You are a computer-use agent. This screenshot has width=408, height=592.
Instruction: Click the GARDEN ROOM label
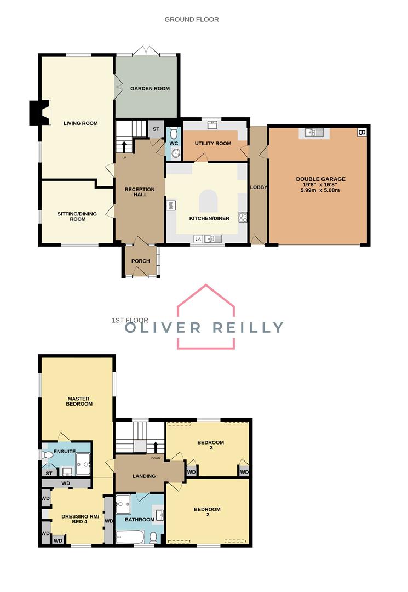coord(150,88)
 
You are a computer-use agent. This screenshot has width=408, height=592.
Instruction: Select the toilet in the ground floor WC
coord(174,133)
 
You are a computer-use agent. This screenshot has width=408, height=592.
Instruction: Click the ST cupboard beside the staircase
coord(156,129)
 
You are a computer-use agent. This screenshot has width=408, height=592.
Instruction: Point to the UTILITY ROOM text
coord(212,143)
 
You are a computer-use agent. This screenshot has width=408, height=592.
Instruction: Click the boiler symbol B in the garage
coord(361,133)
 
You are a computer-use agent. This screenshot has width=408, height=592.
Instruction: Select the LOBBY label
coord(258,187)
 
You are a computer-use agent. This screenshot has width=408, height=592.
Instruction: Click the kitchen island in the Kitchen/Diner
coord(208,201)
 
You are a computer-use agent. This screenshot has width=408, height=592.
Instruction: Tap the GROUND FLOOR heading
coord(192,19)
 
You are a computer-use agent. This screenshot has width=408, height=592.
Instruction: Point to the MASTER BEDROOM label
coord(79,401)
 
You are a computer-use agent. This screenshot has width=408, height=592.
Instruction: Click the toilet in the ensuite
coord(48,455)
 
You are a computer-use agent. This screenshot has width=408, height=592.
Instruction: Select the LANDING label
coord(145,476)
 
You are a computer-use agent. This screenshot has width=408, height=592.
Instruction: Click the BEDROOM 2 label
coord(207,513)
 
